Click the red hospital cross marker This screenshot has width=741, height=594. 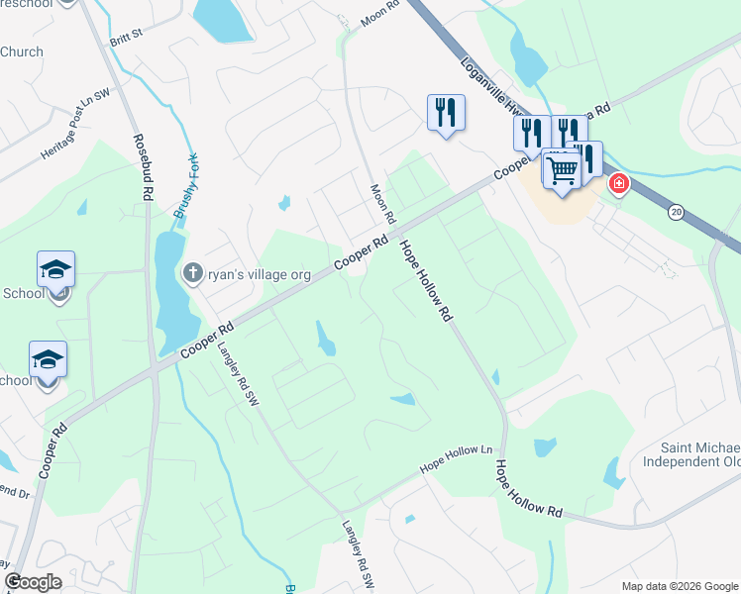pos(619,183)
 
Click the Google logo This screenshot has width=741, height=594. pos(33,582)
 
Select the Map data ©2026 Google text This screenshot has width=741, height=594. pos(679,586)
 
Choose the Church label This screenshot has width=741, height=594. pos(22,51)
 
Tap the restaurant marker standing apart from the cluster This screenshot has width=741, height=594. pos(446,112)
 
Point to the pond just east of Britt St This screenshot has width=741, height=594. pos(224,19)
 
